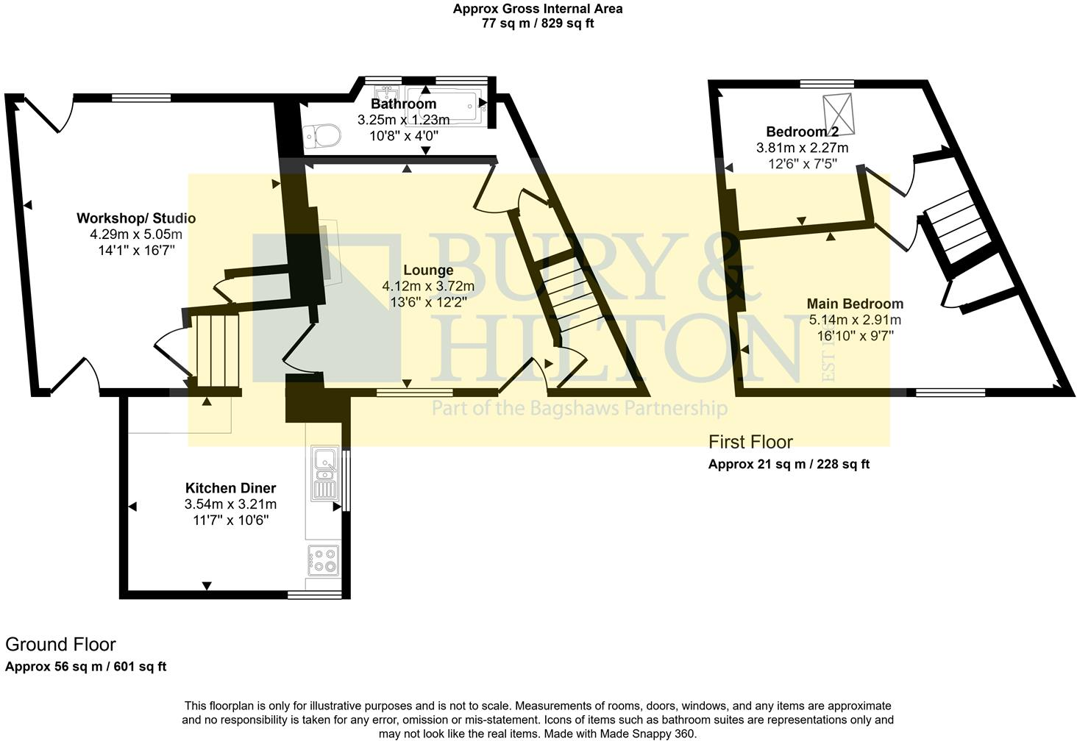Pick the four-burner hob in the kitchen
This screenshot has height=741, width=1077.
[x=324, y=560]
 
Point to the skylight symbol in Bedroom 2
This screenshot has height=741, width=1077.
[x=840, y=115]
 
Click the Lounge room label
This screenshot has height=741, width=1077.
[x=427, y=271]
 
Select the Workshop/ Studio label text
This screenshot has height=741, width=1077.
[x=136, y=218]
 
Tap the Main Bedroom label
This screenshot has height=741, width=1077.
[x=855, y=304]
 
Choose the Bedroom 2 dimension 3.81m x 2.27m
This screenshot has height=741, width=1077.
[x=802, y=148]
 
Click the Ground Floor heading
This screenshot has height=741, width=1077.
[x=60, y=645]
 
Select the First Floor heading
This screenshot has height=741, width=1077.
[x=750, y=442]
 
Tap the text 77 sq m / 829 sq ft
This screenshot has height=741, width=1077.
[x=537, y=23]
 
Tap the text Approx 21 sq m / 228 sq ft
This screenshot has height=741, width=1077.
[x=789, y=464]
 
